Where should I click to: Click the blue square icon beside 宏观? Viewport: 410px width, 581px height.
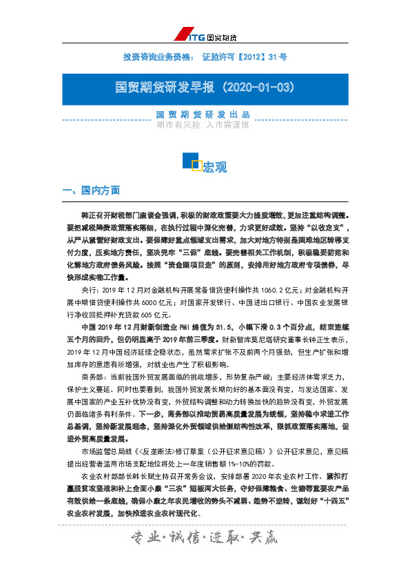(190, 161)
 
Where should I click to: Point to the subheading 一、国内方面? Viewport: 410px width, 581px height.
(92, 190)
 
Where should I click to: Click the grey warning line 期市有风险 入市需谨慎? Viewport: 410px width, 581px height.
(202, 126)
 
